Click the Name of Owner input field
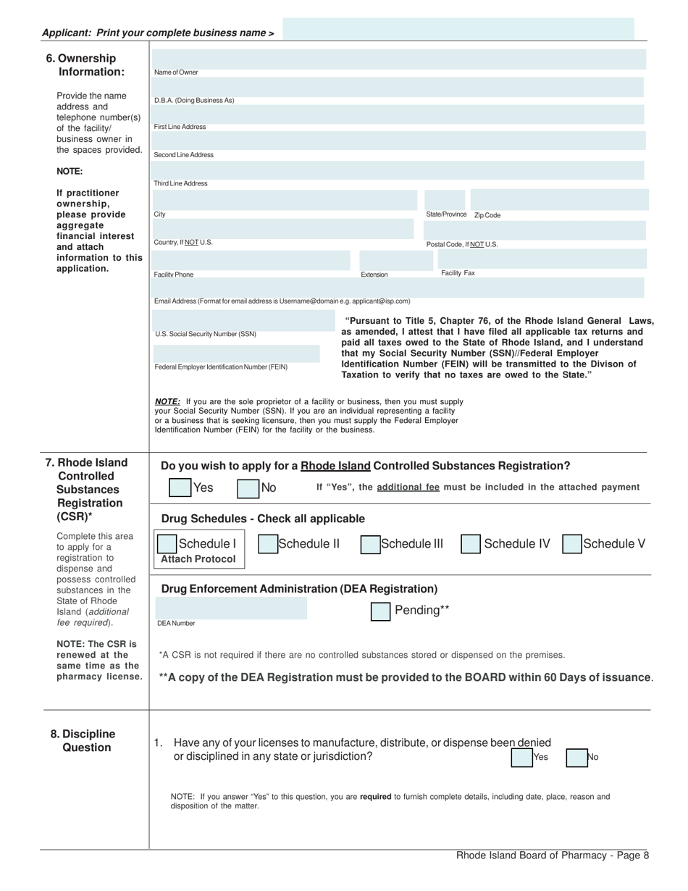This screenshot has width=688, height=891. [x=398, y=59]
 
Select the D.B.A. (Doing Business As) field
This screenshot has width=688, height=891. [x=398, y=87]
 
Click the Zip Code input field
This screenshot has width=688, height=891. [x=559, y=200]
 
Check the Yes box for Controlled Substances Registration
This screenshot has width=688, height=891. [x=180, y=488]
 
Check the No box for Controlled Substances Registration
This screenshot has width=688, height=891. [x=248, y=488]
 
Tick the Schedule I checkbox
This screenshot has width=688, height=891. [x=167, y=544]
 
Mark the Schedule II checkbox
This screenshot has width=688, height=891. [x=268, y=544]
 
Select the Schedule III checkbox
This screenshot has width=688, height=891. [x=371, y=544]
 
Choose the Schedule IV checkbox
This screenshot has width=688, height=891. [x=471, y=544]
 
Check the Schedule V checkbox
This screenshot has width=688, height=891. [x=572, y=544]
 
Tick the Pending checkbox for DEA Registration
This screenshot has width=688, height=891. [x=381, y=611]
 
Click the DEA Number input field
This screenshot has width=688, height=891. [x=230, y=608]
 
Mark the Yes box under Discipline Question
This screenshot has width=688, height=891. [x=521, y=757]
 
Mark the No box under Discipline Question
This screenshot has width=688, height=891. [x=576, y=757]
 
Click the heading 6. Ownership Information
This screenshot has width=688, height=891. [x=85, y=65]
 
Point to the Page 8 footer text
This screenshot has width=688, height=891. [x=552, y=856]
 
